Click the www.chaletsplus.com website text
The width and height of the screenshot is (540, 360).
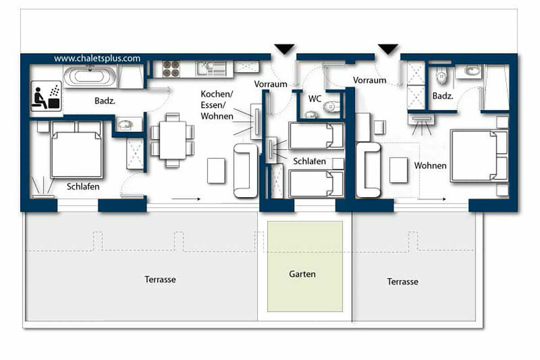(97, 58)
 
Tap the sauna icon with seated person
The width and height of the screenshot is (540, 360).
(46, 96)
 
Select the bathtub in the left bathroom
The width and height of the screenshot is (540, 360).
(90, 76)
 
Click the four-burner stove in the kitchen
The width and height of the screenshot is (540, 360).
(171, 69)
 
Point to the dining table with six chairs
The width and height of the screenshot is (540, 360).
(173, 140)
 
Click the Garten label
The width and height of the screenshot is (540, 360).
(302, 274)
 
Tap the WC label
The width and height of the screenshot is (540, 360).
(315, 99)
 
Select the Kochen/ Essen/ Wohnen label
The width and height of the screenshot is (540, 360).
(217, 105)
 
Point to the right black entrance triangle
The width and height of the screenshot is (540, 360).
(388, 49)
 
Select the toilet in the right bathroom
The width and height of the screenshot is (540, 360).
(441, 75)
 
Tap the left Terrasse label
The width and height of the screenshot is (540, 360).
(160, 279)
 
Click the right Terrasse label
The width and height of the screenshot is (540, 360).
(403, 282)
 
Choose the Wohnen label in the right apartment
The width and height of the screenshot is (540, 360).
(430, 166)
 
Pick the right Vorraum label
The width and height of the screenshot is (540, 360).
(369, 80)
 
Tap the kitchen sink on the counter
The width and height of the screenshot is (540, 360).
(211, 68)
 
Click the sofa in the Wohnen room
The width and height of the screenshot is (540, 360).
(369, 170)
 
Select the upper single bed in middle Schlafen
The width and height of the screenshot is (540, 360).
(316, 136)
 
